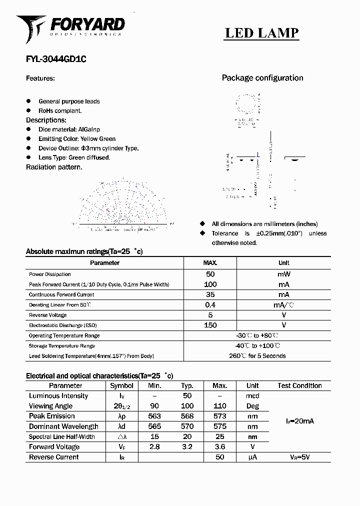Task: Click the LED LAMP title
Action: pyautogui.click(x=261, y=33)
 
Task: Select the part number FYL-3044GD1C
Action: pyautogui.click(x=56, y=58)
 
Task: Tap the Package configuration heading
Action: pyautogui.click(x=262, y=78)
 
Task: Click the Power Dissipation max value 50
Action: pyautogui.click(x=210, y=274)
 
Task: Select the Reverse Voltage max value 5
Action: pyautogui.click(x=210, y=315)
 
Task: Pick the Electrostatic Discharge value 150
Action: pyautogui.click(x=210, y=325)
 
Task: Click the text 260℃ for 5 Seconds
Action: pyautogui.click(x=257, y=356)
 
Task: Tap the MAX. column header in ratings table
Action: pyautogui.click(x=210, y=263)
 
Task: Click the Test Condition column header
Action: pyautogui.click(x=299, y=385)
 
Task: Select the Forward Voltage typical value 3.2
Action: pyautogui.click(x=187, y=447)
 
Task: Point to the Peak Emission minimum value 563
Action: pyautogui.click(x=154, y=416)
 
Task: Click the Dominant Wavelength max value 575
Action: pyautogui.click(x=219, y=426)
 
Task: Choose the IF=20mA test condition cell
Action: pyautogui.click(x=299, y=421)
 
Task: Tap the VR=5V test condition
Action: pyautogui.click(x=299, y=457)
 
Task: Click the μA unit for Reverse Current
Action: pyautogui.click(x=252, y=457)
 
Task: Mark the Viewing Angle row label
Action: pyautogui.click(x=50, y=406)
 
